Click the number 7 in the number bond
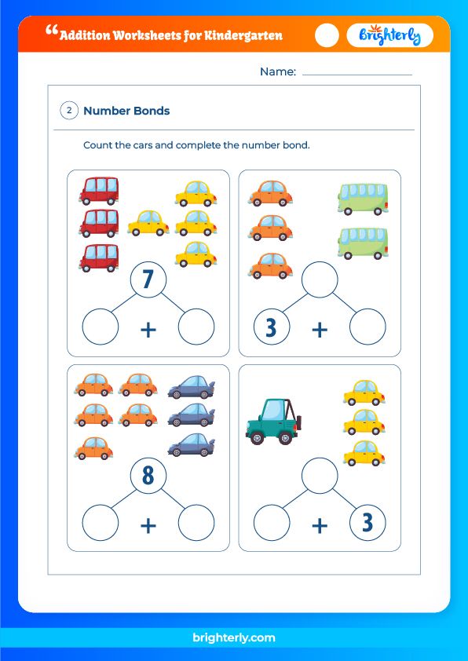[x=148, y=281]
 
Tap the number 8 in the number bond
[x=148, y=477]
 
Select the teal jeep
[x=272, y=421]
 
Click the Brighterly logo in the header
[x=390, y=35]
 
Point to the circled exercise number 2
[x=69, y=111]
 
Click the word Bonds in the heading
[x=150, y=111]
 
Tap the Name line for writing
[x=356, y=73]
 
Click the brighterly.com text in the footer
[x=234, y=638]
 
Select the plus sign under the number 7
[x=148, y=330]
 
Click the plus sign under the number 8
[x=148, y=524]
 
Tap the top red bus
[x=99, y=190]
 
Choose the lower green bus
[x=363, y=243]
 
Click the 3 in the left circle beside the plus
[x=271, y=327]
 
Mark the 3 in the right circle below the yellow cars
[x=367, y=524]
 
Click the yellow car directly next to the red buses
[x=148, y=223]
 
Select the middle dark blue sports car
[x=191, y=414]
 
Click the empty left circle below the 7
[x=101, y=327]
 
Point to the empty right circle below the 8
[x=196, y=524]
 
